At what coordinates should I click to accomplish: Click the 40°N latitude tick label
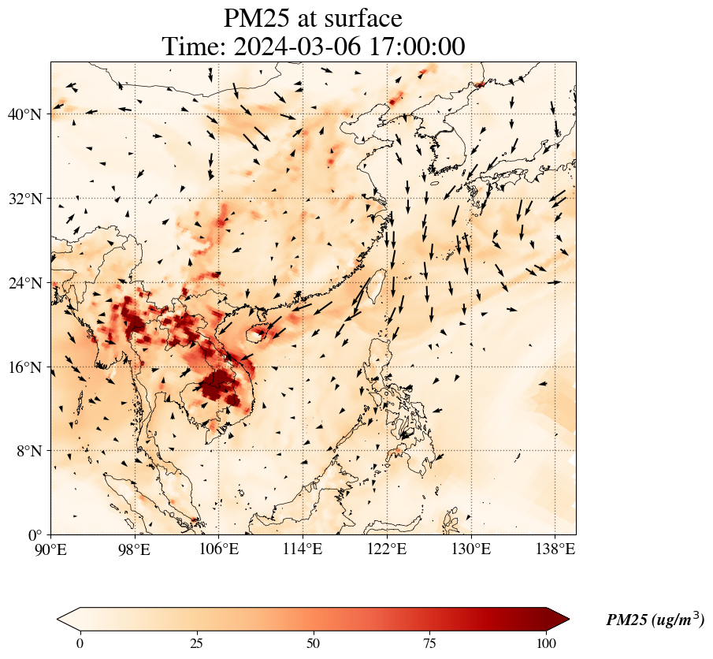(x=24, y=114)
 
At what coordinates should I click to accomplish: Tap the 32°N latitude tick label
(x=24, y=199)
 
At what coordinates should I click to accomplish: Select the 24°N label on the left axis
(x=24, y=283)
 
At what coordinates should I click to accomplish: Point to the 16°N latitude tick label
(x=24, y=367)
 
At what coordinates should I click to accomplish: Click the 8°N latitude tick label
(x=28, y=451)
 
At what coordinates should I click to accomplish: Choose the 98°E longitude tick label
(x=135, y=549)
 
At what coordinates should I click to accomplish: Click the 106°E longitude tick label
(x=219, y=549)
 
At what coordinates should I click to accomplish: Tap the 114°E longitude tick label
(x=303, y=549)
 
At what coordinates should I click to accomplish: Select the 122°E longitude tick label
(x=387, y=549)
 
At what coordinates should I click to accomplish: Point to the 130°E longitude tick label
(x=471, y=549)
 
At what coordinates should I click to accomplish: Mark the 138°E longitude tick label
(x=555, y=549)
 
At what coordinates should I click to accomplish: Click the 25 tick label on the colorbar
(x=196, y=643)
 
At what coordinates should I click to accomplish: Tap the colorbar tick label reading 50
(x=314, y=643)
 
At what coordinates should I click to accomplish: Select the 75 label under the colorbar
(x=429, y=643)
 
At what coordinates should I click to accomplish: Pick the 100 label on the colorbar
(x=546, y=643)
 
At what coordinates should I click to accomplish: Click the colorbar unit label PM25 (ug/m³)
(x=655, y=619)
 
